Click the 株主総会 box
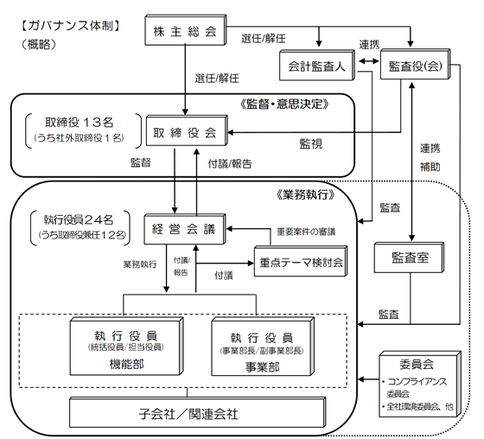(x=186, y=30)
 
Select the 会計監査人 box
(x=317, y=65)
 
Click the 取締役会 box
(x=187, y=130)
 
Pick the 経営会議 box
(x=185, y=229)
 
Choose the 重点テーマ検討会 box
(x=301, y=261)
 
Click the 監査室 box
(x=409, y=258)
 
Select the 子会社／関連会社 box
(x=197, y=412)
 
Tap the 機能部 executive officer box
(x=126, y=347)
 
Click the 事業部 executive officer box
(x=263, y=347)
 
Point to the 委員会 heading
(x=417, y=365)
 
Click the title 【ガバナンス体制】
(x=70, y=26)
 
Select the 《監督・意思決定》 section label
(x=284, y=104)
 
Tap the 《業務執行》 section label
(x=306, y=194)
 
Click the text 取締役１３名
(x=80, y=123)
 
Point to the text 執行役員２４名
(x=79, y=219)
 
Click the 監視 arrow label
(x=311, y=143)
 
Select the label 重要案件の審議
(x=306, y=232)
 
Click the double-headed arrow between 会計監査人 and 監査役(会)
(x=368, y=61)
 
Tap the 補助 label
(x=430, y=167)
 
